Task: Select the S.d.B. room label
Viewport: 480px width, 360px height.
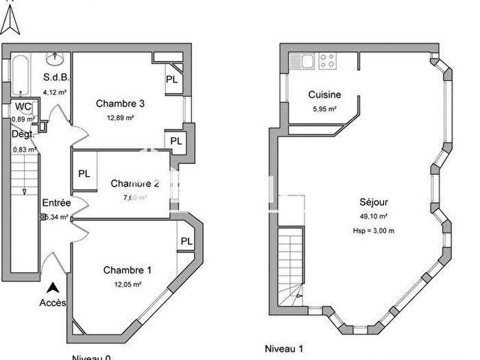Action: pos(56,77)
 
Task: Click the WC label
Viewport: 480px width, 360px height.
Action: pos(23,107)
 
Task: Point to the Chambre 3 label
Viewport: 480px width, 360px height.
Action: pos(120,104)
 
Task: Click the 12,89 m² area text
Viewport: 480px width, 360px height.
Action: pos(120,117)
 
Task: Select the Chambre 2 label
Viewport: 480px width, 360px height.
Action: pos(135,184)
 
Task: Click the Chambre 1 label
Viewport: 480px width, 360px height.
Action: pos(127,270)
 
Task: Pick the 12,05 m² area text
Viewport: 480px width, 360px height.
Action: pos(127,284)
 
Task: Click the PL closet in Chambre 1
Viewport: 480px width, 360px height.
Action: pos(186,241)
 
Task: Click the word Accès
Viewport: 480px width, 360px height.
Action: pos(53,302)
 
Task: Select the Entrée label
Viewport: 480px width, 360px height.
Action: pos(56,203)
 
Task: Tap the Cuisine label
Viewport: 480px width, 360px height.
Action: pos(325,95)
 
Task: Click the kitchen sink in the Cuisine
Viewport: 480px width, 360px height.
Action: pos(302,61)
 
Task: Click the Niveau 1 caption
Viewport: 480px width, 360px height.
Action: pos(284,348)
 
